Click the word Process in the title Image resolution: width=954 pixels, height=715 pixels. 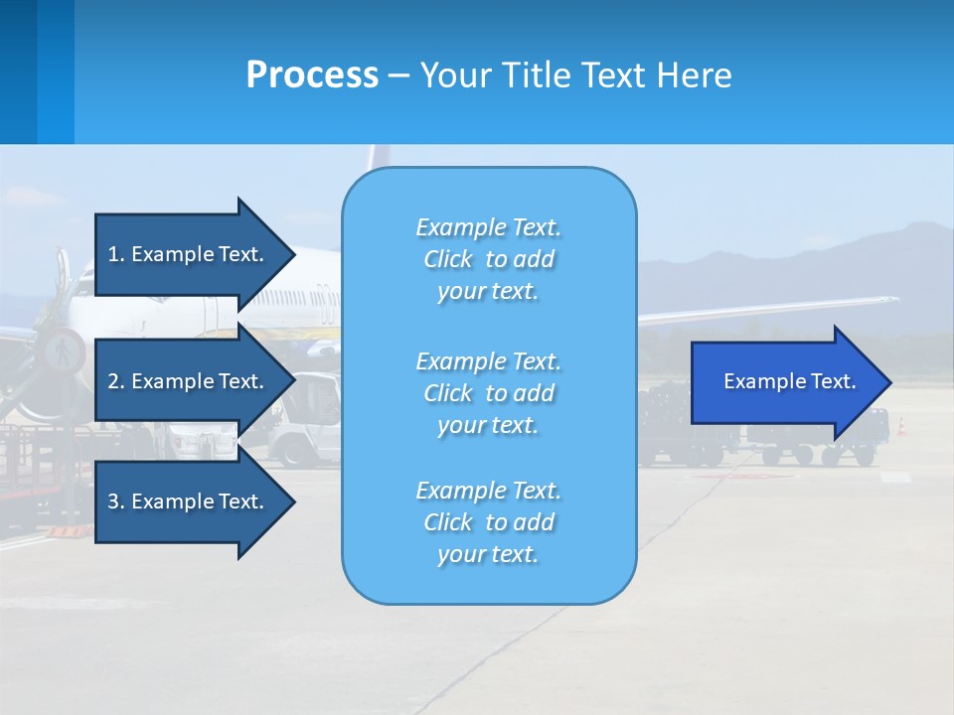click(312, 75)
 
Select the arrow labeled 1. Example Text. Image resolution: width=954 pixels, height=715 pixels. click(189, 254)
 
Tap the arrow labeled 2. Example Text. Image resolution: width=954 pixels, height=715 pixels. click(189, 381)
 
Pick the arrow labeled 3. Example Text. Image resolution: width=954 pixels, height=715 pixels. click(189, 501)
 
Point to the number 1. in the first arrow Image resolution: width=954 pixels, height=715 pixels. click(116, 254)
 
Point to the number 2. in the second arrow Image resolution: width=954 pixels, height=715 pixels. click(116, 381)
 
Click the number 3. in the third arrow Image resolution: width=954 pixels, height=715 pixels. click(116, 501)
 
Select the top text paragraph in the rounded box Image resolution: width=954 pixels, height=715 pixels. click(488, 259)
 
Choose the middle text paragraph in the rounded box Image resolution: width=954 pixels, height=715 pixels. click(488, 393)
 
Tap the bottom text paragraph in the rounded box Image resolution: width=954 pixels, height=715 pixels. click(488, 522)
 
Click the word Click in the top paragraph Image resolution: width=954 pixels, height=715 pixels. click(448, 259)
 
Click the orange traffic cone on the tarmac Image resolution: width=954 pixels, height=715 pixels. click(901, 426)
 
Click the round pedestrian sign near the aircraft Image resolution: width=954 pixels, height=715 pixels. click(64, 349)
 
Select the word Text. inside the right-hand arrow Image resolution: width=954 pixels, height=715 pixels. click(833, 382)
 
